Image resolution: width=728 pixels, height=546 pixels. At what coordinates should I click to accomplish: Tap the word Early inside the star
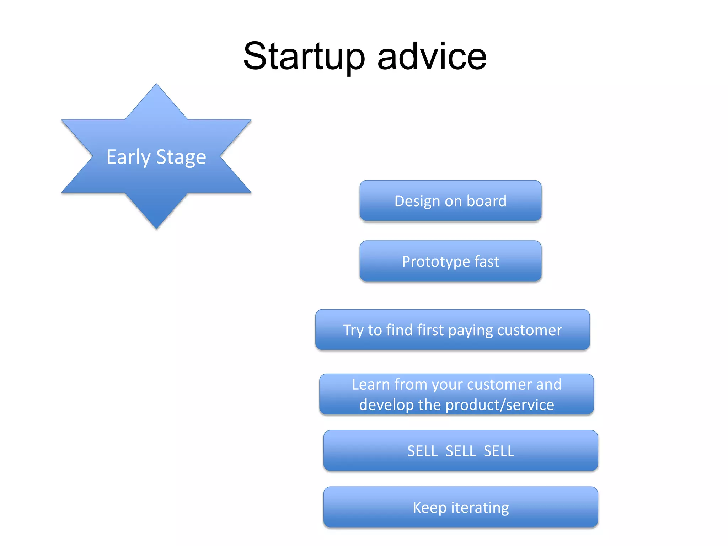pyautogui.click(x=129, y=157)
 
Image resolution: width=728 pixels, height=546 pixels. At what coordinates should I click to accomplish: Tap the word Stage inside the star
pyautogui.click(x=181, y=157)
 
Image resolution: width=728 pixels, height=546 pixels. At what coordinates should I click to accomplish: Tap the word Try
pyautogui.click(x=353, y=331)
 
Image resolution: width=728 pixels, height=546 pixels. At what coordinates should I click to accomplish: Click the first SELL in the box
pyautogui.click(x=422, y=451)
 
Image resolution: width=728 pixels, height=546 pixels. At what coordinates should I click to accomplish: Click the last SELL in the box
pyautogui.click(x=499, y=451)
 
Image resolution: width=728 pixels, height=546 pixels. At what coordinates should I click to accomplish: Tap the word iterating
pyautogui.click(x=480, y=508)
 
